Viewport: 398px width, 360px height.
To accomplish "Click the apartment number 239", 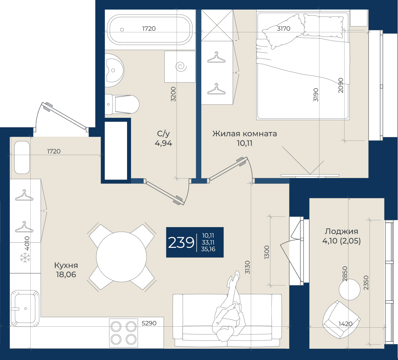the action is click(181, 243).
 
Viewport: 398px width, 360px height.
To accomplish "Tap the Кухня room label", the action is click(66, 265).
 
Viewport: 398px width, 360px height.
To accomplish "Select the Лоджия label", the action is click(341, 231).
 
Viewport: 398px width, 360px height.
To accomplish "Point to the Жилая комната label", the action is click(245, 134).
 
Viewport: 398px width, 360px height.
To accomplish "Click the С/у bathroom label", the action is click(163, 134).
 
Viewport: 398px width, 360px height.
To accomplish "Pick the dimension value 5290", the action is click(149, 323).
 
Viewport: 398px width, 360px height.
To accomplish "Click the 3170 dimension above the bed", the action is click(283, 29).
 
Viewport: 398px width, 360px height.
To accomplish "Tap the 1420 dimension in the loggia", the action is click(346, 324).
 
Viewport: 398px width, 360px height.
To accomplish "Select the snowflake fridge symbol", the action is click(25, 258).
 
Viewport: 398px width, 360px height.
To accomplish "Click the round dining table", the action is click(121, 257).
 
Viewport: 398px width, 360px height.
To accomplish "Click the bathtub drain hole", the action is click(122, 30).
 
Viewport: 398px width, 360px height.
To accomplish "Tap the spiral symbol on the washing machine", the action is click(181, 67).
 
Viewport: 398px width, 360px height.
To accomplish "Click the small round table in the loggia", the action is click(349, 289).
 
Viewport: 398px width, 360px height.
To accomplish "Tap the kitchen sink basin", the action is click(25, 309).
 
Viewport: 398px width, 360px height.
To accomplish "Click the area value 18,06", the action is click(66, 275).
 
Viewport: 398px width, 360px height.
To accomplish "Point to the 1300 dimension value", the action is click(267, 252).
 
